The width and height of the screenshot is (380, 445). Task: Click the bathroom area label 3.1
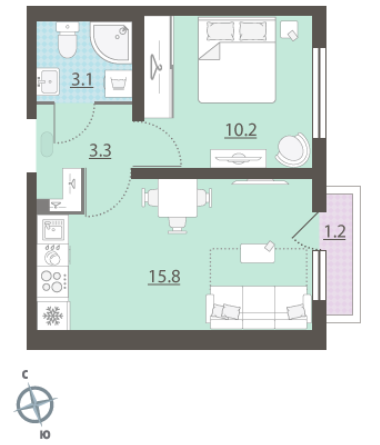[82, 80]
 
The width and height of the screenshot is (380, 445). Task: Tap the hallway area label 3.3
[100, 151]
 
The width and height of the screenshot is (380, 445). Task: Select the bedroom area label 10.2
[241, 130]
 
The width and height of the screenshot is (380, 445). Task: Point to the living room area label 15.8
[164, 276]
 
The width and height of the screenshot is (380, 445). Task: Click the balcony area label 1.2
[335, 232]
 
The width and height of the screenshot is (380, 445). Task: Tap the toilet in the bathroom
[68, 40]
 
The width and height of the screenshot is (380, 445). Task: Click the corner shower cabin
[110, 42]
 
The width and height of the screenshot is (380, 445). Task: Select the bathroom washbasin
[48, 82]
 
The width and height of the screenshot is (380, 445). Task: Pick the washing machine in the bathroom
[118, 83]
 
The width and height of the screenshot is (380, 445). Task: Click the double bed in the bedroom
[237, 60]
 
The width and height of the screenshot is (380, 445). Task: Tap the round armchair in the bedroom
[293, 150]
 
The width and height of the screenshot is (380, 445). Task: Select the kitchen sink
[53, 229]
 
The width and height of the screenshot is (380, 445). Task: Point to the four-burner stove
[53, 282]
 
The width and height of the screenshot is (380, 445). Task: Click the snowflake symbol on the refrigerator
[53, 316]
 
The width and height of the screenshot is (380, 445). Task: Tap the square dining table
[178, 198]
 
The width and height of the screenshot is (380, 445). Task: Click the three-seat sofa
[259, 307]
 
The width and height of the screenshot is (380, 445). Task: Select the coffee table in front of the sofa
[258, 253]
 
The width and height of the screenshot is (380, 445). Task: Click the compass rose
[35, 405]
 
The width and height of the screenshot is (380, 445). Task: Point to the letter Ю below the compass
[45, 435]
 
